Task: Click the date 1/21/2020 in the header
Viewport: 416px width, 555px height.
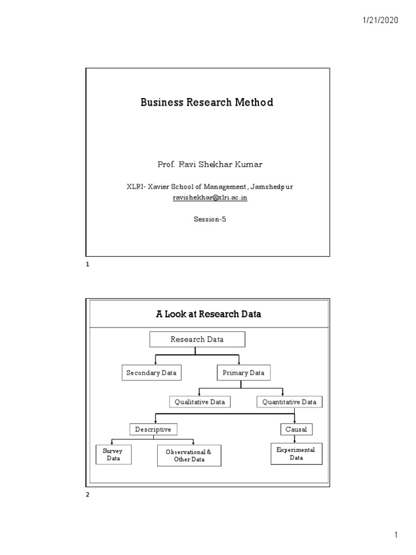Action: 380,20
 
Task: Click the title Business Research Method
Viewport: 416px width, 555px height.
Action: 207,102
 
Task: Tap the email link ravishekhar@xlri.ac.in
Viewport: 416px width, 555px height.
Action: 210,198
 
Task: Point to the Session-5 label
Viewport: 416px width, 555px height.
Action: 209,220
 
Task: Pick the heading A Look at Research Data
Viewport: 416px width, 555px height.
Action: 209,314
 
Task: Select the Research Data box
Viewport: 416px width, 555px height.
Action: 197,340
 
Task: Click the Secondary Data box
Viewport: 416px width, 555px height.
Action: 151,373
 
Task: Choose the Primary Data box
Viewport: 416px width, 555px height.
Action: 244,373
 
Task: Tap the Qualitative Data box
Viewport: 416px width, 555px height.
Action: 200,402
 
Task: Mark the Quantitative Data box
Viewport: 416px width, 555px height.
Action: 289,402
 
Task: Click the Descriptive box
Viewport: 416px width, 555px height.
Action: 153,429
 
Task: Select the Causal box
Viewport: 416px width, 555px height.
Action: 296,429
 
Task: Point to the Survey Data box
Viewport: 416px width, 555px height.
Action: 113,455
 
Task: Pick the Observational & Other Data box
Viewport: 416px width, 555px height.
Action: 190,456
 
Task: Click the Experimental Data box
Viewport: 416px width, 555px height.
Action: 296,454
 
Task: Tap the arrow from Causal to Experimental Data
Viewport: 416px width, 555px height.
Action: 295,439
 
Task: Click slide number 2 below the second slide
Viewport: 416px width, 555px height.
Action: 88,501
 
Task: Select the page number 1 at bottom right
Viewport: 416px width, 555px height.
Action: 396,535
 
